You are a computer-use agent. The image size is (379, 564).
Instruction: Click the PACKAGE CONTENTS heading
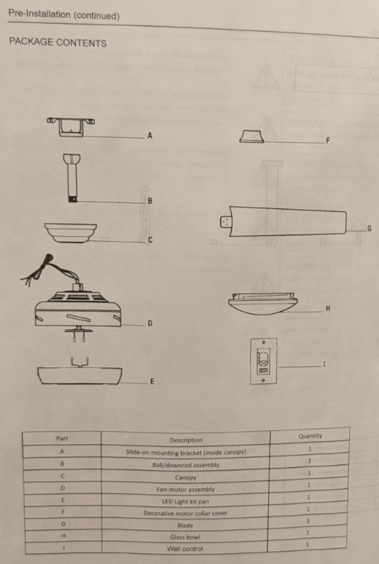58,43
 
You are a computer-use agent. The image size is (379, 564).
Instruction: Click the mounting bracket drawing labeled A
71,127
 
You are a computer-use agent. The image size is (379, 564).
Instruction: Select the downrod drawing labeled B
72,178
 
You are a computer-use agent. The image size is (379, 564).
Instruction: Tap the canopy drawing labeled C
71,233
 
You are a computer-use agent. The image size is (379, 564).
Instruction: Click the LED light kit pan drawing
79,372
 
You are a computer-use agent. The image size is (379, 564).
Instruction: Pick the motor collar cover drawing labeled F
252,136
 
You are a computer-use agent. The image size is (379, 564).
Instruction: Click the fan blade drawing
283,221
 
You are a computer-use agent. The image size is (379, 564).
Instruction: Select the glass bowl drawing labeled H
263,303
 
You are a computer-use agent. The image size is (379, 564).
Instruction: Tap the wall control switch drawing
264,361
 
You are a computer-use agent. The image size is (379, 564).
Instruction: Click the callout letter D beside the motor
150,323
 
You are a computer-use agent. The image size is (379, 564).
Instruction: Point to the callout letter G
369,229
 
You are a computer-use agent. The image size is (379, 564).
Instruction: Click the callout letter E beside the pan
152,381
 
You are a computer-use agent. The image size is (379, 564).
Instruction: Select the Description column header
186,440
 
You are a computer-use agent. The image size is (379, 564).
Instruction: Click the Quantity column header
310,436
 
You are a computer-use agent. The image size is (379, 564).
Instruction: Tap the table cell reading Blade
185,525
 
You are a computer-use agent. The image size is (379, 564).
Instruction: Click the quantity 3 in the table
308,521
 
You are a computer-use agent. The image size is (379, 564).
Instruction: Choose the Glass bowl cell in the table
185,537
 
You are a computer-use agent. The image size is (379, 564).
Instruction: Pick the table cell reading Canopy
185,477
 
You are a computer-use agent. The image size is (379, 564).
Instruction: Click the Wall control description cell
185,549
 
